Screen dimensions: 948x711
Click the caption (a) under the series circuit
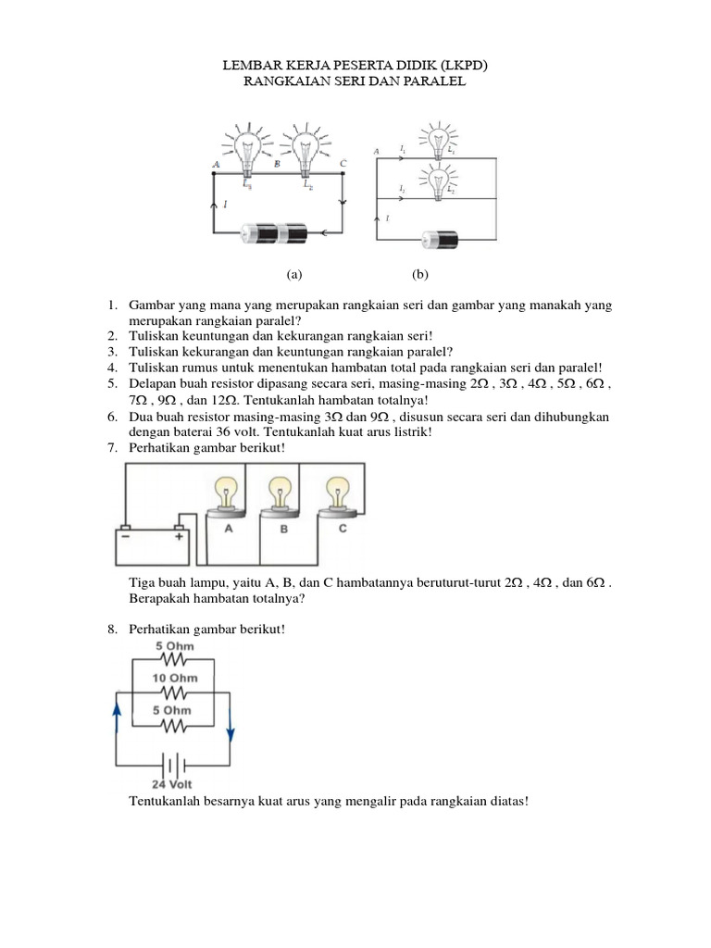point(294,275)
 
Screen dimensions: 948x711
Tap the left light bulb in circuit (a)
point(247,148)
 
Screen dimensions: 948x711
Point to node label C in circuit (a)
point(343,164)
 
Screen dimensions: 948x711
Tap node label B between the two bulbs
point(277,164)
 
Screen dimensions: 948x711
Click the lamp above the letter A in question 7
point(228,493)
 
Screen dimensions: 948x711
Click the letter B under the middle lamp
point(285,529)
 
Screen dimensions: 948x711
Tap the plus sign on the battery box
point(179,534)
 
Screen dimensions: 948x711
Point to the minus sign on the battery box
point(123,534)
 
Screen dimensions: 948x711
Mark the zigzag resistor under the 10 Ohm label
point(175,692)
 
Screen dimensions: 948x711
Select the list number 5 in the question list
point(112,381)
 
